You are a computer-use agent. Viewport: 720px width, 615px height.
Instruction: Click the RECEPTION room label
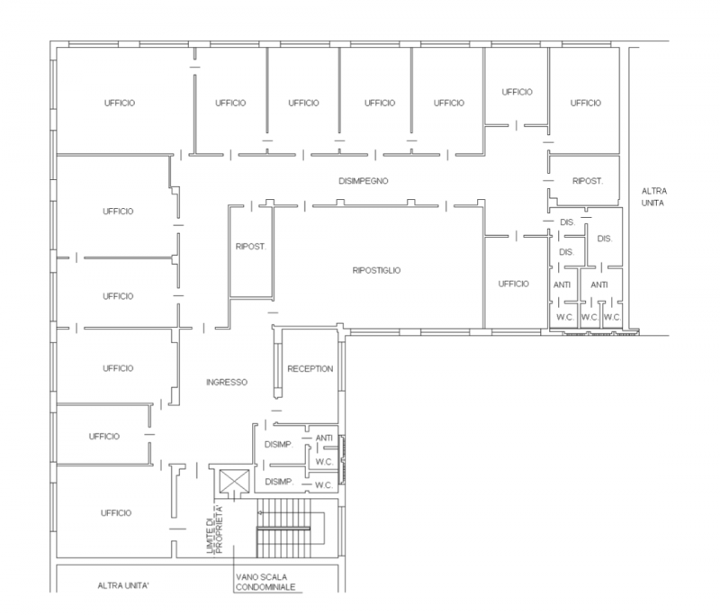point(310,369)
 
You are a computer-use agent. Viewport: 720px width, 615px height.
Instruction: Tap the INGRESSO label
point(227,382)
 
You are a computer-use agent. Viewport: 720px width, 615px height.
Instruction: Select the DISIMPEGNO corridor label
point(364,181)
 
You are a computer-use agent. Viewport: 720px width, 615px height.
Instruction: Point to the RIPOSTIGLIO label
point(376,270)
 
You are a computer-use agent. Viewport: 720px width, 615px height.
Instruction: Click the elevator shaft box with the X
point(234,481)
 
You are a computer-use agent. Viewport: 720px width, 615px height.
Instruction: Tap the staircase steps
point(283,528)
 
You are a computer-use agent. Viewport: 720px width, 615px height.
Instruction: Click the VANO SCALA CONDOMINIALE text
point(265,581)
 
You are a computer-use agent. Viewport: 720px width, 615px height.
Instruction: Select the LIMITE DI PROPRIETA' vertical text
point(214,529)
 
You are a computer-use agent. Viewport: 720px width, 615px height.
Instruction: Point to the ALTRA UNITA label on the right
point(654,196)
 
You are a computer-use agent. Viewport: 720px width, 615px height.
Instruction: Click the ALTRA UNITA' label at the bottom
point(123,585)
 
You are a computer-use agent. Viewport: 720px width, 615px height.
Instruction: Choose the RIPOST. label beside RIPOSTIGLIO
point(251,247)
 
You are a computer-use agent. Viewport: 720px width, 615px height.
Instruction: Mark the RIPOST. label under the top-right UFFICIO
point(588,181)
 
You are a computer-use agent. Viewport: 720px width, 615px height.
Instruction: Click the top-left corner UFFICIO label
point(120,103)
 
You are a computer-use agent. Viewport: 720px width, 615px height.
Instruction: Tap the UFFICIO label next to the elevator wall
point(116,512)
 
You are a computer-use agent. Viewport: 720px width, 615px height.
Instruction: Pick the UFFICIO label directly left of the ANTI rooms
point(513,284)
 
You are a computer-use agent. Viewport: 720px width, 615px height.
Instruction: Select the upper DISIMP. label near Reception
point(279,445)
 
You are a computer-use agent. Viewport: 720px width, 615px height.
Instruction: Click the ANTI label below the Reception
point(324,439)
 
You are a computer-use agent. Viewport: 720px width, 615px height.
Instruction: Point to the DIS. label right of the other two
point(604,239)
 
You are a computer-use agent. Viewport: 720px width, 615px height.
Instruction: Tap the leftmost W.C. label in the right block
point(565,317)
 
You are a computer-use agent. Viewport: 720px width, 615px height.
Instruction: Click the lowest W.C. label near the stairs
point(324,485)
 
